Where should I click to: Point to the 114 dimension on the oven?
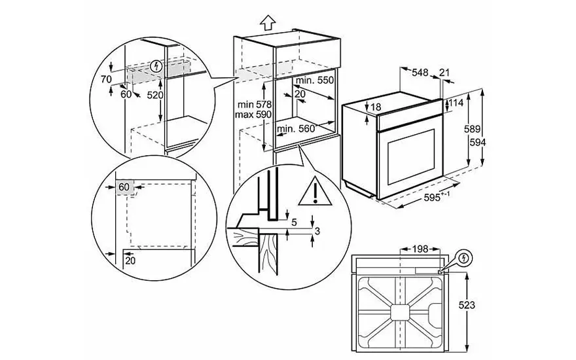(x=456, y=103)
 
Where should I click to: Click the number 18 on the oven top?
(x=375, y=107)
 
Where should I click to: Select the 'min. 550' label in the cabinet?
(x=314, y=80)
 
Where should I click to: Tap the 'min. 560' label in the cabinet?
(x=297, y=129)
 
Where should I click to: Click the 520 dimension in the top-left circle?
(x=155, y=95)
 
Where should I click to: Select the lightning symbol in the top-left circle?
(x=155, y=65)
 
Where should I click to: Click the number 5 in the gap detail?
(x=294, y=222)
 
